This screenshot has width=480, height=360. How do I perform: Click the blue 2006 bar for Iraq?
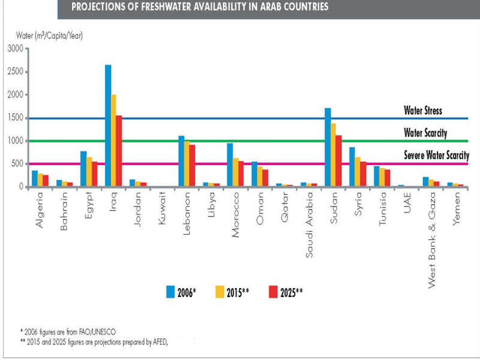pyautogui.click(x=108, y=126)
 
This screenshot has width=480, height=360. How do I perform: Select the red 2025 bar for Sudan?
pyautogui.click(x=338, y=161)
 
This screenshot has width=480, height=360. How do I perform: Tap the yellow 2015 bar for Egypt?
pyautogui.click(x=89, y=172)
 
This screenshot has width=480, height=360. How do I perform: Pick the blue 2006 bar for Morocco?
pyautogui.click(x=230, y=165)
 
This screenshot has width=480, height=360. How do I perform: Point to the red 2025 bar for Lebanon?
pyautogui.click(x=192, y=166)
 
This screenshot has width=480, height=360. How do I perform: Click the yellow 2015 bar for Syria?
pyautogui.click(x=357, y=172)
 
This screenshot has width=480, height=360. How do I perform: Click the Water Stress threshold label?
pyautogui.click(x=422, y=111)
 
